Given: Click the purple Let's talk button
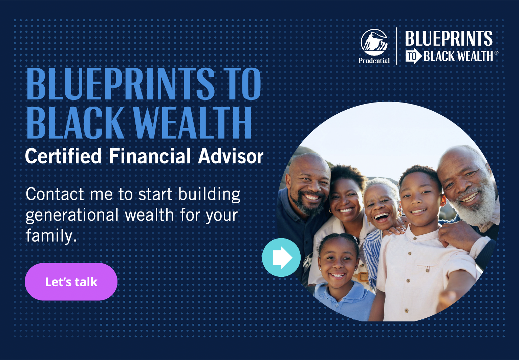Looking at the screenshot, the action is [x=71, y=282].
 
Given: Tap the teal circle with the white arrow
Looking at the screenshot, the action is [x=281, y=257].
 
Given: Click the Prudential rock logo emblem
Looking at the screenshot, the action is [x=374, y=42].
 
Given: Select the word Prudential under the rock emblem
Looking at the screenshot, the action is [x=374, y=61].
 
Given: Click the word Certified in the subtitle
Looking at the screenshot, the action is [x=63, y=156].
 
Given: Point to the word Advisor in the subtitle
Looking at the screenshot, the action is [x=231, y=156].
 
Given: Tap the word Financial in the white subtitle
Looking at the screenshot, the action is [x=150, y=156].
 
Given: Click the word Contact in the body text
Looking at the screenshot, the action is [x=55, y=195].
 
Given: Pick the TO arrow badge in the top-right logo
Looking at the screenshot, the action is [x=413, y=57].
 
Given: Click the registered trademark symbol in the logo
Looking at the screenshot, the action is [x=496, y=53].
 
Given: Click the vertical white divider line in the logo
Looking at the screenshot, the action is [x=396, y=46].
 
